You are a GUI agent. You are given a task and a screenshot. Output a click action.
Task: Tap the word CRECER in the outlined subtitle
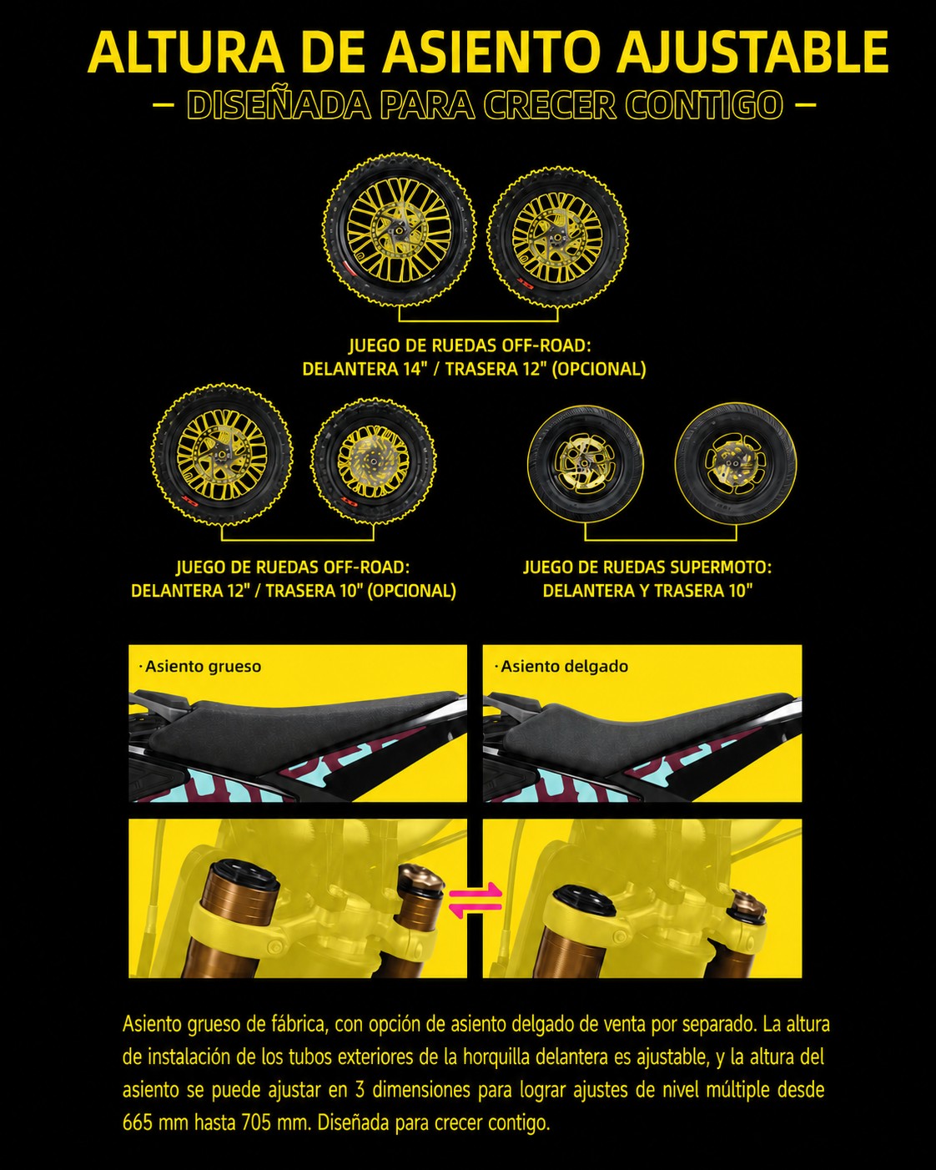pos(550,104)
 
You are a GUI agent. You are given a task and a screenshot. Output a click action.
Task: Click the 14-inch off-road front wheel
pos(400,230)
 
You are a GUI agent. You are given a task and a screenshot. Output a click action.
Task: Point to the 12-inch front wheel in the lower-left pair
pos(222,454)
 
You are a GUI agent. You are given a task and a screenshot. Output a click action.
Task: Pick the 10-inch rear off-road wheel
pos(374,461)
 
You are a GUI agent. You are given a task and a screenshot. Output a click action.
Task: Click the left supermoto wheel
pos(586,464)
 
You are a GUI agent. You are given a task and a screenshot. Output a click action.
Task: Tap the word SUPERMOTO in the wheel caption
pos(720,567)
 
